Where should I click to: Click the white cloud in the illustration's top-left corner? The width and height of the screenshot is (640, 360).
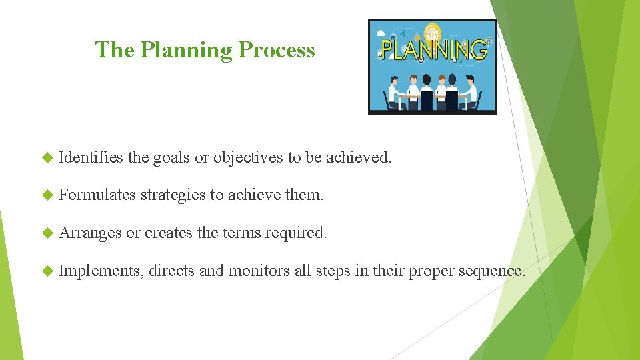coord(382,32)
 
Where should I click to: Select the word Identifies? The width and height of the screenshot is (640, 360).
coord(91,158)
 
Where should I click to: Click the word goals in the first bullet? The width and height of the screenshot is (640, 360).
coord(171,158)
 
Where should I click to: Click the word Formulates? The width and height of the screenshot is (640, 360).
coord(97,195)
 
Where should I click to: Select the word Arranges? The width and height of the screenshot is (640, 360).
coord(90,233)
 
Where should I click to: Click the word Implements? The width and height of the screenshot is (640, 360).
coord(101,271)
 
